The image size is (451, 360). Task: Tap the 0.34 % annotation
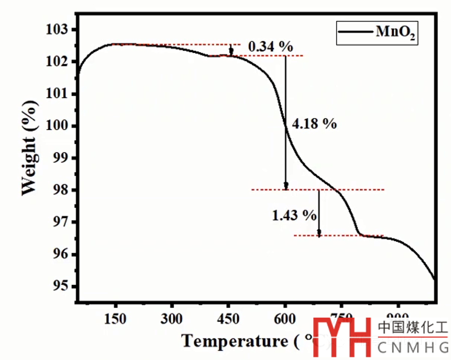coord(270,47)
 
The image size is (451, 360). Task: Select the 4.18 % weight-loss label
coord(314,124)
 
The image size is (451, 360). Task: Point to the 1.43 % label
coord(294,215)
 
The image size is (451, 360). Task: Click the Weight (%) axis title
coord(30,151)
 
